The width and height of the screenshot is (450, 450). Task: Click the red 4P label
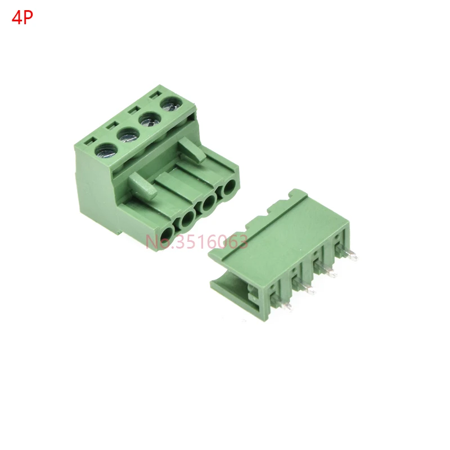coord(22,18)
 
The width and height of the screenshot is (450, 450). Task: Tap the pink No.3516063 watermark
coord(196,241)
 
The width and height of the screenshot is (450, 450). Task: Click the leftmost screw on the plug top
coord(106,151)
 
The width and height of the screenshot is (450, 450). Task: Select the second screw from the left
coord(128,134)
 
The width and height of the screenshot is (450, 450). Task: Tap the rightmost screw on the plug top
coord(172,104)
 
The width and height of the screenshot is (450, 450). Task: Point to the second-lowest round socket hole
coord(188,218)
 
